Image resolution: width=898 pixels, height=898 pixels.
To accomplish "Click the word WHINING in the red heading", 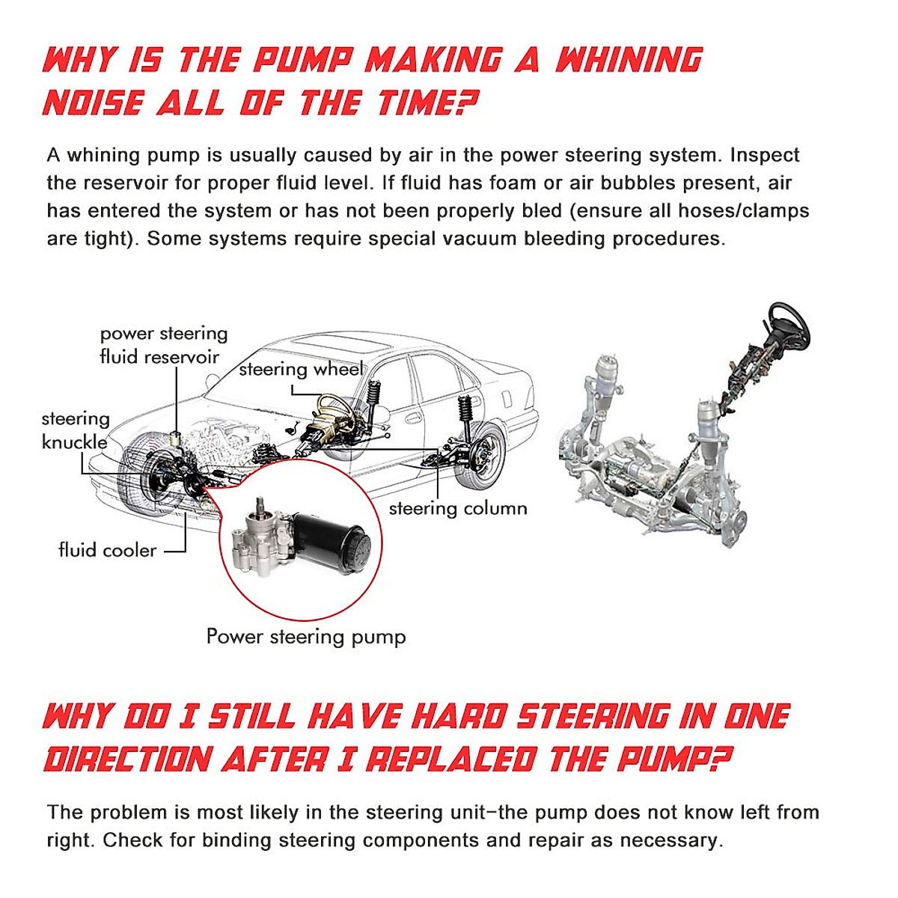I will [x=629, y=60].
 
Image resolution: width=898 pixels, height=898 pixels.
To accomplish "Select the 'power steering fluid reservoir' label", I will [x=163, y=345].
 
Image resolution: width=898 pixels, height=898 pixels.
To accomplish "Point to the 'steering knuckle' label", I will [x=75, y=430].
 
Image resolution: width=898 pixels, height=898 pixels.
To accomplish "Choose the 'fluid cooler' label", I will [x=108, y=550].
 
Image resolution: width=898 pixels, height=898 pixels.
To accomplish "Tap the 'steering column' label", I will [x=458, y=508].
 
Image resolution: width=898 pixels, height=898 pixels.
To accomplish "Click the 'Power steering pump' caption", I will [x=306, y=637].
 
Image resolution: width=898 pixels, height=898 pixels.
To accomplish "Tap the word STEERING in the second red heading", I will [x=594, y=716].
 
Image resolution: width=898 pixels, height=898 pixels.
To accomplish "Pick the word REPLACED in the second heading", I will [x=450, y=760].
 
